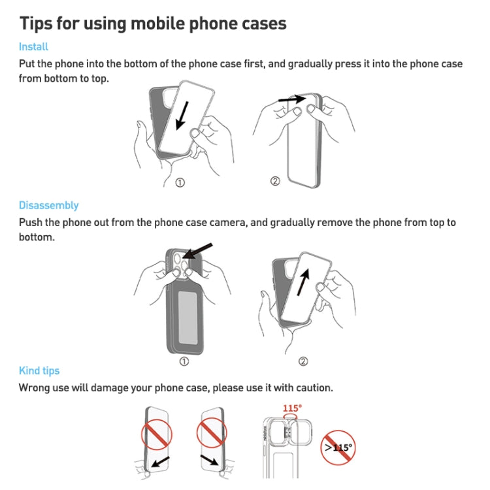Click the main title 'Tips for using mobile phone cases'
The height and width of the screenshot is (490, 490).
point(153,24)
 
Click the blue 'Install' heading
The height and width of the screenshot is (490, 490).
point(33,47)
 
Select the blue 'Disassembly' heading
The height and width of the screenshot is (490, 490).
point(48,205)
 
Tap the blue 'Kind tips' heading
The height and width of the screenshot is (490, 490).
point(39,370)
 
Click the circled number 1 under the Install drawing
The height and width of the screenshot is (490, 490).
point(180,182)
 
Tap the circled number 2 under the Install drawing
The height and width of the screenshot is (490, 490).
point(275,181)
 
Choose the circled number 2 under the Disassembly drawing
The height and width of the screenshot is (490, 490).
point(302,361)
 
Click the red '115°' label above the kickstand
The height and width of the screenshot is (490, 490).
point(292,408)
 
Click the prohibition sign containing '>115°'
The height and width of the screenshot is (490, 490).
point(338,448)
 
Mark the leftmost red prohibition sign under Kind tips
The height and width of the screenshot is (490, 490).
point(157,433)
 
